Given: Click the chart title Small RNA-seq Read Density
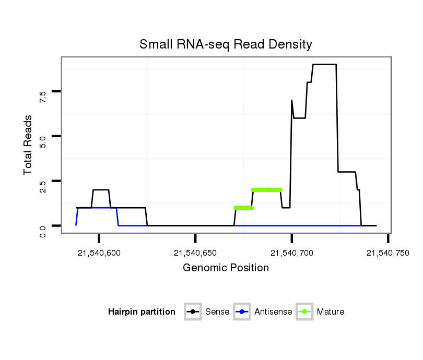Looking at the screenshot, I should point(226,44).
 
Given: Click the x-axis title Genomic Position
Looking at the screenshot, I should point(226,268).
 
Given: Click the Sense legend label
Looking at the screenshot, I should point(217,312).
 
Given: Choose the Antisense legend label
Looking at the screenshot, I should point(273,312).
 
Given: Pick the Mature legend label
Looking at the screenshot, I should point(330,312).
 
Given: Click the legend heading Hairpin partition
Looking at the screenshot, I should point(142,312).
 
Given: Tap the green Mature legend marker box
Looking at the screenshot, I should point(304,312).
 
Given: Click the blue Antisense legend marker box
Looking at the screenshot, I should point(242,312).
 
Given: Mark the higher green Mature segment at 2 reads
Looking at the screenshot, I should point(266,189).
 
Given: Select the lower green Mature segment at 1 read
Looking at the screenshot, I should point(243,208).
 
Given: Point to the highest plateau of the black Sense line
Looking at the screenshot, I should point(324,65).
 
